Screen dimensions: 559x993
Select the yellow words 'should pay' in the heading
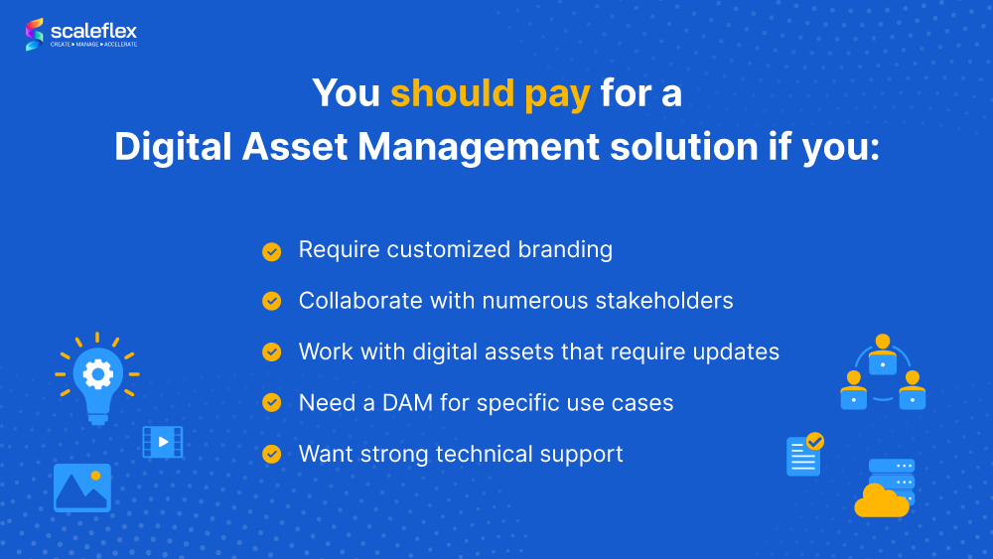point(490,93)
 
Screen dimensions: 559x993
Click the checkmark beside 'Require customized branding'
point(271,251)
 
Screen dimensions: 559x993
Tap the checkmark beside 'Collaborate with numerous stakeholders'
point(271,301)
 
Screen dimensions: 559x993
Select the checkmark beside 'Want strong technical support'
point(271,454)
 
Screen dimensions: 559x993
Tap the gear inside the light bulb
point(97,373)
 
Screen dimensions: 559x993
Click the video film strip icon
point(162,442)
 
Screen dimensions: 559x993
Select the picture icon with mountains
point(82,488)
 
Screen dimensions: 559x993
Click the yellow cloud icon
point(880,501)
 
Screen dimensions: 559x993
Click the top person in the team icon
point(882,354)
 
